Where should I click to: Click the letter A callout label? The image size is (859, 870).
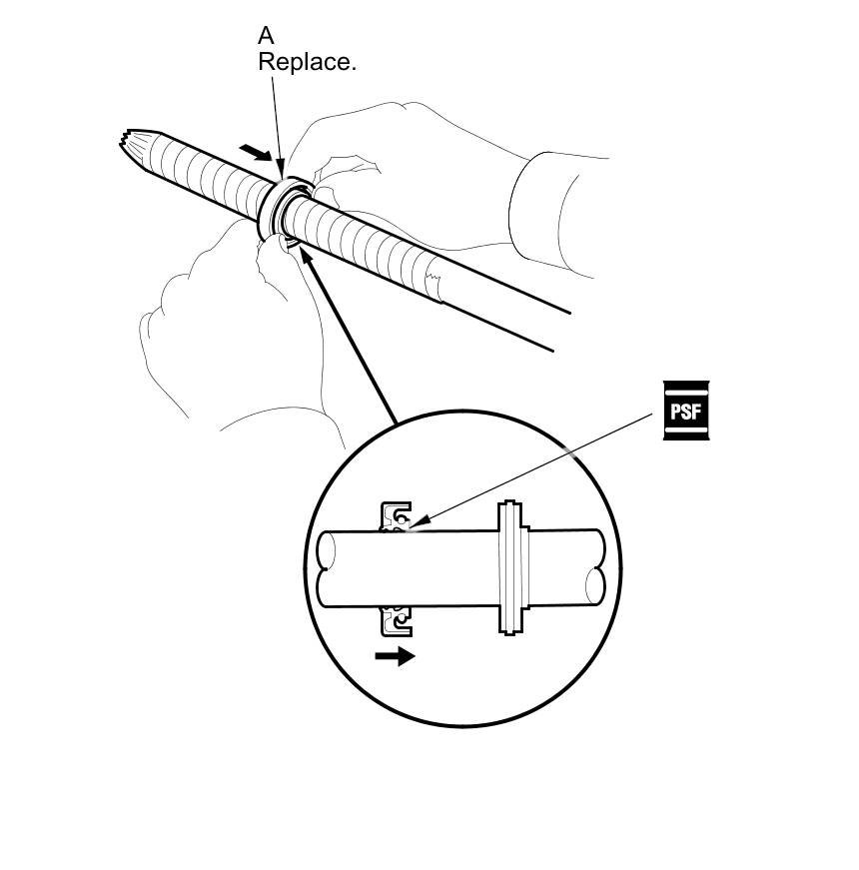point(266,36)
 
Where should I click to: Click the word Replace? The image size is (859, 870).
point(307,62)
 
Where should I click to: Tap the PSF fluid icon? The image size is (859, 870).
point(690,411)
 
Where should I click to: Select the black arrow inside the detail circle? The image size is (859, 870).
point(395,656)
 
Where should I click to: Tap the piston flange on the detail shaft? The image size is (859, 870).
point(511,566)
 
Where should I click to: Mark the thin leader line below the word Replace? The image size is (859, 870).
point(277,115)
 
